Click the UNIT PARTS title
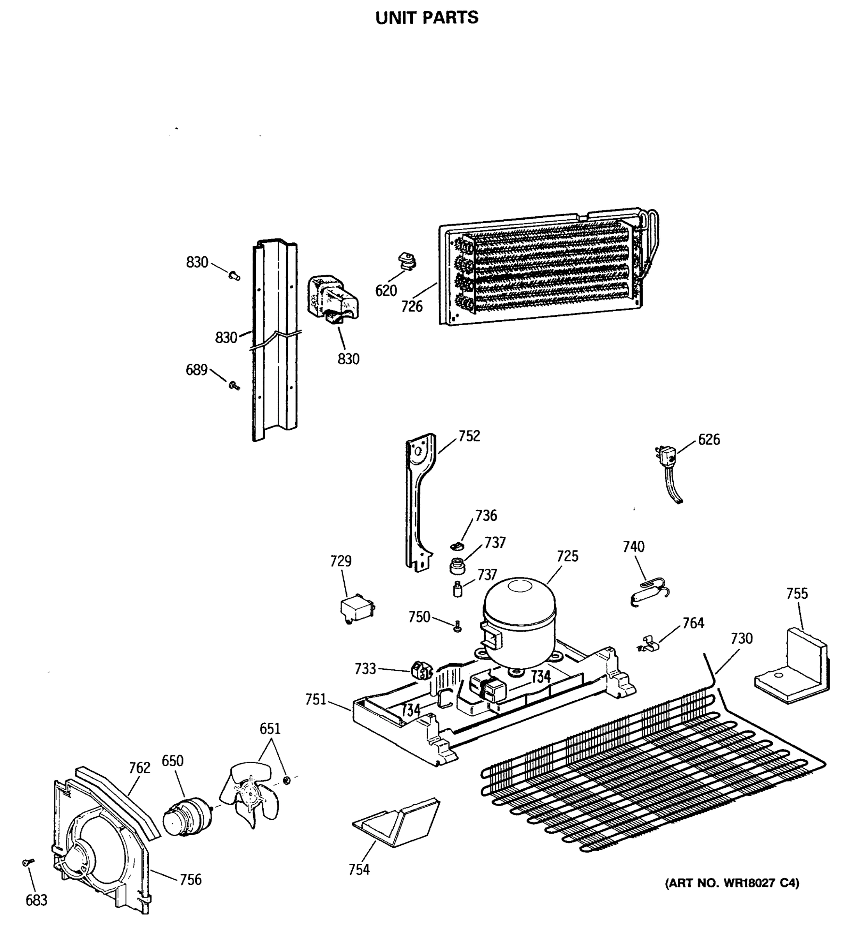[427, 18]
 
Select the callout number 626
[709, 439]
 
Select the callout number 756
[190, 879]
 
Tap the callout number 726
[412, 307]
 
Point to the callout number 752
[469, 436]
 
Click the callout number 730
[742, 638]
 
